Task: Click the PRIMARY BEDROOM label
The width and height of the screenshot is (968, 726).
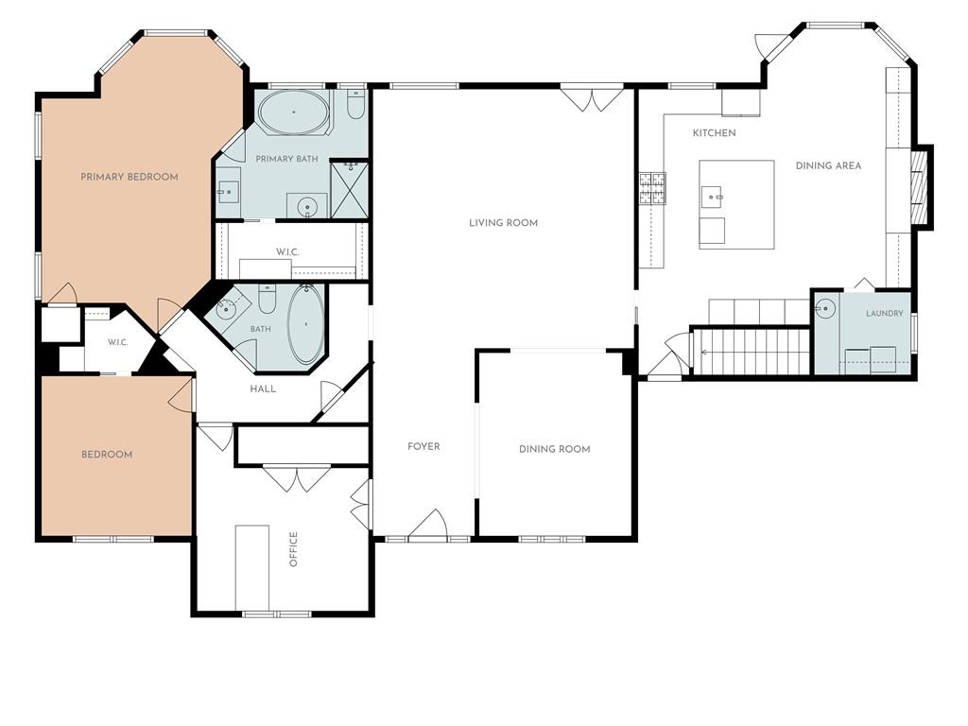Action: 129,177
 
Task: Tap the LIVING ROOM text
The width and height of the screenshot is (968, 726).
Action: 503,223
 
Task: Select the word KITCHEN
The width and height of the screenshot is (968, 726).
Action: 715,132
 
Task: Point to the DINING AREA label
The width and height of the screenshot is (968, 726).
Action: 828,165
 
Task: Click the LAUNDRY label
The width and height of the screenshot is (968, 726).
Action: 884,314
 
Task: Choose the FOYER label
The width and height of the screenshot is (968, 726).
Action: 423,446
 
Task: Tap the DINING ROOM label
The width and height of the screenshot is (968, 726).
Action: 554,449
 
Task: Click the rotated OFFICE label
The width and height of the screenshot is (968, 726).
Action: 294,549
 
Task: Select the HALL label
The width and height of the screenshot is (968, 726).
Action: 263,389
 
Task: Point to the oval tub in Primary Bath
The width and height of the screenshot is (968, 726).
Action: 294,112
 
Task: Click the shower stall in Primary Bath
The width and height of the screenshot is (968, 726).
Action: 350,189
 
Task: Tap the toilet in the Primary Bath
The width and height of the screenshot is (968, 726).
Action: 355,106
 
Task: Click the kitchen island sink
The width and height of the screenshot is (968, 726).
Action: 712,197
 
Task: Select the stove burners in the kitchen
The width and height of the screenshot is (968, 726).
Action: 652,188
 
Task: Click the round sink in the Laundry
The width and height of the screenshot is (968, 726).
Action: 825,307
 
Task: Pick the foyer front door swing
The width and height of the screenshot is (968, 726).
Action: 428,524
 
